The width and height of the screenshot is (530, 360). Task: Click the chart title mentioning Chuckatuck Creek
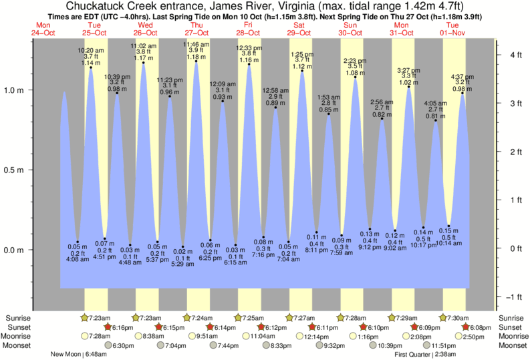[x=264, y=7]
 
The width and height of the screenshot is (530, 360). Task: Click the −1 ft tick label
[x=512, y=297]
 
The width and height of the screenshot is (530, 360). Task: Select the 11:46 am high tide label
[x=195, y=44]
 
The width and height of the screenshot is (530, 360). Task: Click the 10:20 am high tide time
[x=90, y=50]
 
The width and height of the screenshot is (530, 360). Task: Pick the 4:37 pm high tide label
[x=462, y=77]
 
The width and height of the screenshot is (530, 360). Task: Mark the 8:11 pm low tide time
[x=316, y=249]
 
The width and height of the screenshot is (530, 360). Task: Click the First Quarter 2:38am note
[x=427, y=354]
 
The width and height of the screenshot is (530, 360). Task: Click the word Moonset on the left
[x=19, y=346]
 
